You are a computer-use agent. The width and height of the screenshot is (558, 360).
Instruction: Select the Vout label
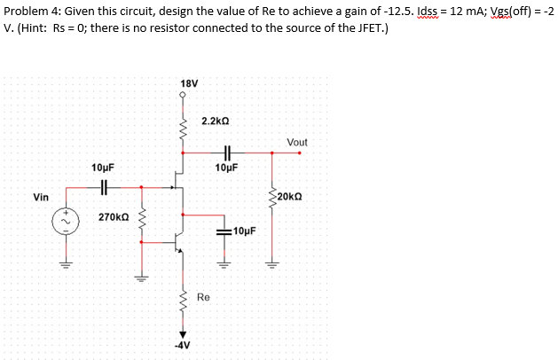click(x=298, y=142)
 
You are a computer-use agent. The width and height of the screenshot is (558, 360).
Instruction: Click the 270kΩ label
click(x=114, y=216)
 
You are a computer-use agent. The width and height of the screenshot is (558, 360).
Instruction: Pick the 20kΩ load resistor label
click(x=292, y=196)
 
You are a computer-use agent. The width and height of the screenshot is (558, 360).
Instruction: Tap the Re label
click(x=203, y=298)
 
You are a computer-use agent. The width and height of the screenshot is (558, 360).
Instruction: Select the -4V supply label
click(x=185, y=345)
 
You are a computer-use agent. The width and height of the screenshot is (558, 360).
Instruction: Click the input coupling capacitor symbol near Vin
click(x=104, y=187)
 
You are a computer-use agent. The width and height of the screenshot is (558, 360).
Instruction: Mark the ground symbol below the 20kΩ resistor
click(x=273, y=263)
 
